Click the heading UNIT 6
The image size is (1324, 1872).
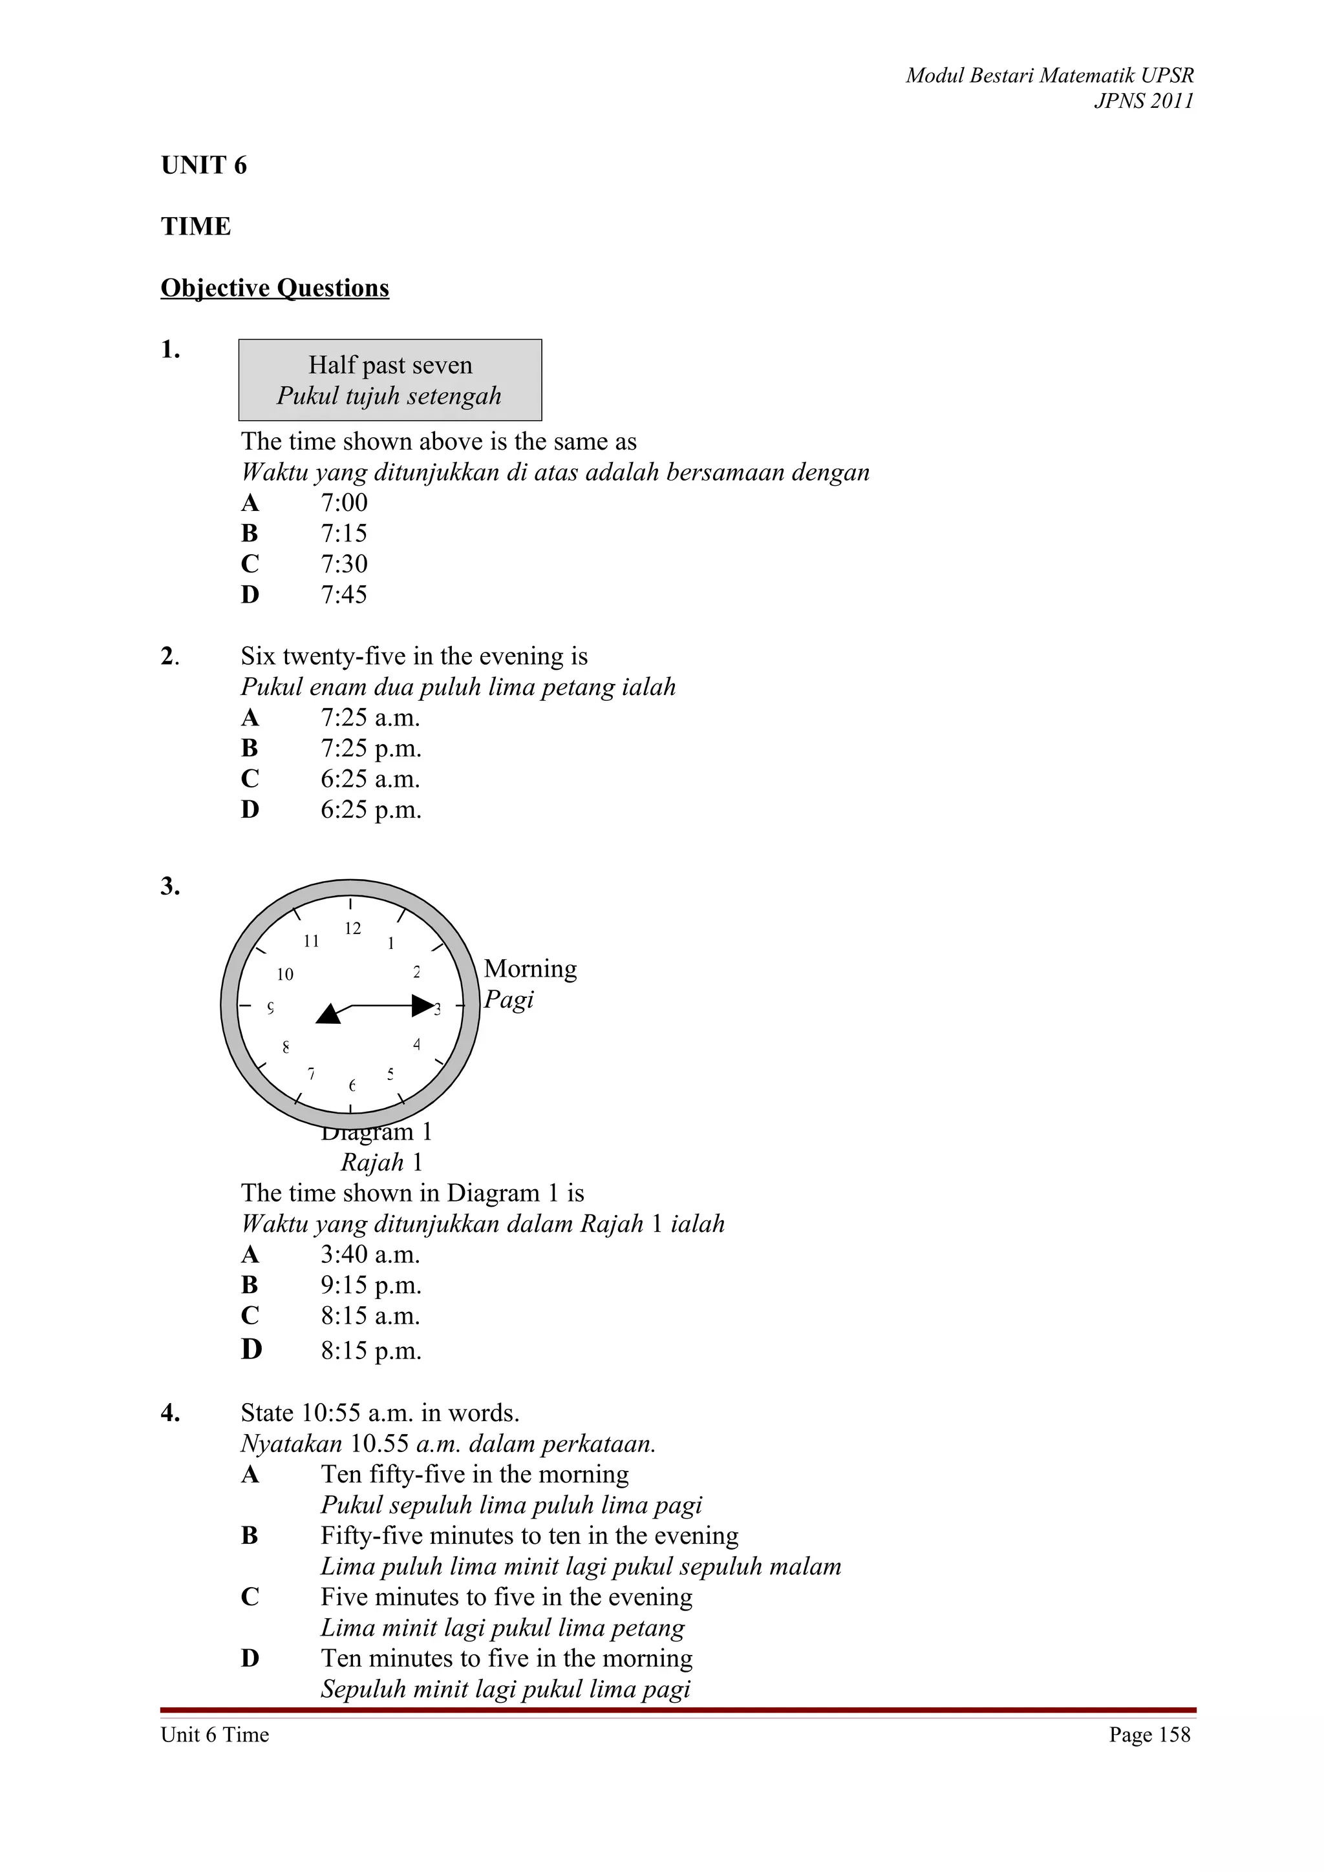click(204, 165)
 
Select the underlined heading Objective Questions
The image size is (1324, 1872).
click(275, 288)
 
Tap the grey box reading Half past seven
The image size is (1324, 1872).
click(390, 380)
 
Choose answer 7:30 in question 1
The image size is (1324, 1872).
click(343, 564)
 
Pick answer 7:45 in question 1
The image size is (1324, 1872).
click(343, 595)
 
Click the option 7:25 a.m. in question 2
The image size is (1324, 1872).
click(370, 718)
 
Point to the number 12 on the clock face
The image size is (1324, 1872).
click(352, 929)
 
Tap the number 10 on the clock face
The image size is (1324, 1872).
click(284, 974)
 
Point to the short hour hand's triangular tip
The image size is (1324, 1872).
click(328, 1014)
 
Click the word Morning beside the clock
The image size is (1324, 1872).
click(530, 968)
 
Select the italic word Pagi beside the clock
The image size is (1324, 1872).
click(508, 999)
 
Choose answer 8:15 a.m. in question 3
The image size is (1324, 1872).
click(370, 1316)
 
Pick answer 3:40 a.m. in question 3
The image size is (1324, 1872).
click(370, 1255)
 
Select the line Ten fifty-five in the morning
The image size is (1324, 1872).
click(475, 1474)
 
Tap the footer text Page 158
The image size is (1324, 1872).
click(1149, 1734)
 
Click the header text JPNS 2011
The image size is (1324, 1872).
click(1143, 101)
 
